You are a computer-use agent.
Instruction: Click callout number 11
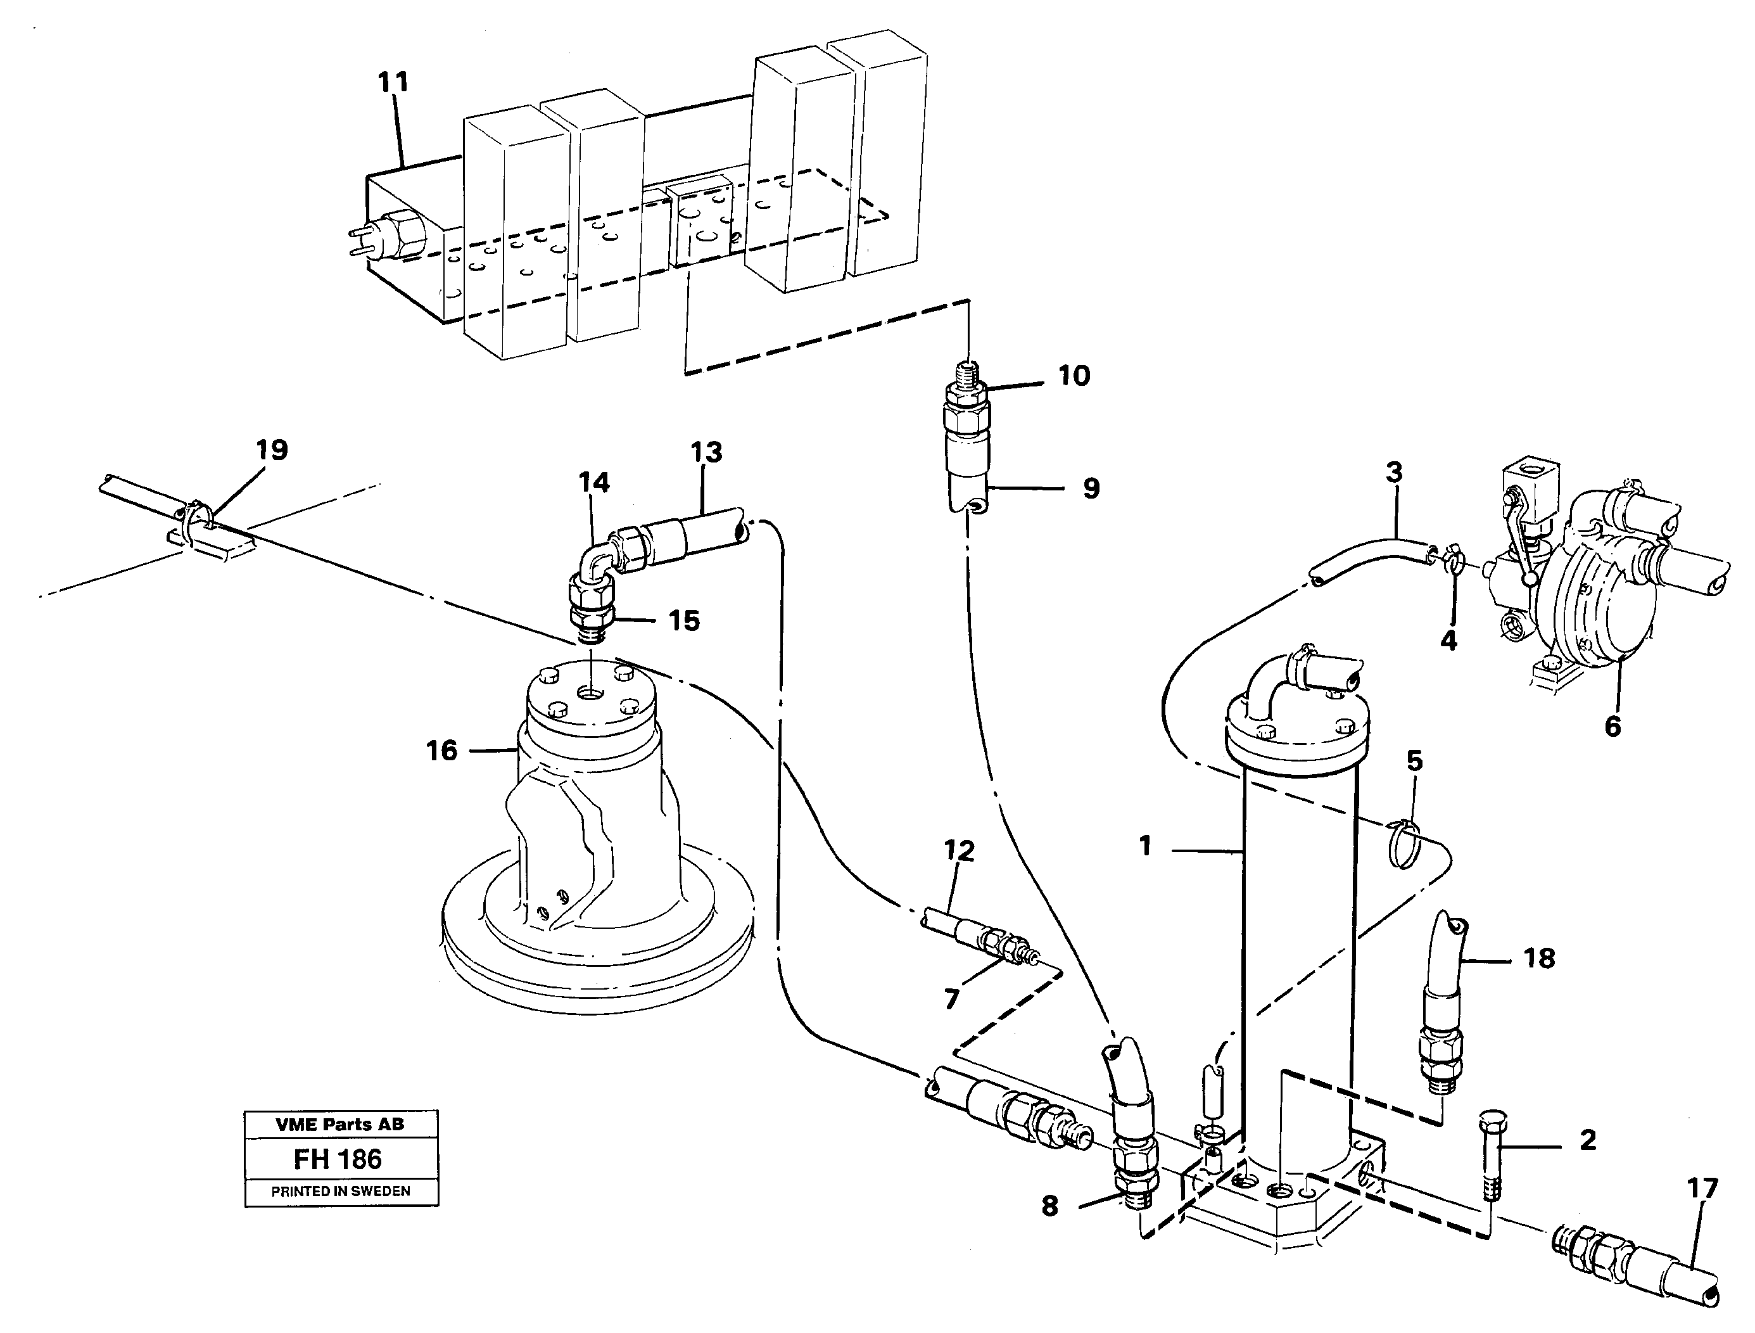pos(393,82)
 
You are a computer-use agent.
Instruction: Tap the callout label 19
pos(271,450)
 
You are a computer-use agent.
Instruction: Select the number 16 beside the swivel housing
pos(442,750)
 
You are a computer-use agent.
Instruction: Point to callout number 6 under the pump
pos(1612,726)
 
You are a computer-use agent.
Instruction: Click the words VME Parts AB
pos(339,1125)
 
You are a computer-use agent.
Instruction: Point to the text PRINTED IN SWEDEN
pos(340,1192)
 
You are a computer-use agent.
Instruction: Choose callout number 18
pos(1539,959)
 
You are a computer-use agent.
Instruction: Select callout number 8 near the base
pos(1049,1207)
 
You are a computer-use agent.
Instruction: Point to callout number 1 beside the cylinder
pos(1145,846)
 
